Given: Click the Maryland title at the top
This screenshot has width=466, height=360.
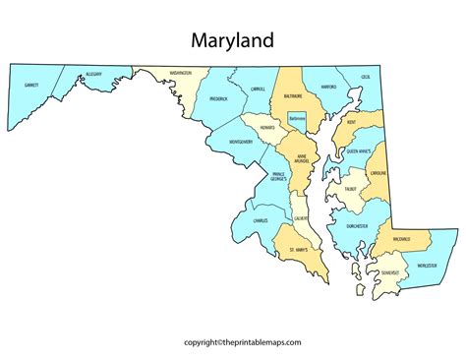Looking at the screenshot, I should (x=233, y=42).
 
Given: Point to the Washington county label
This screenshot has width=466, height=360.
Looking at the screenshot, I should (x=179, y=74).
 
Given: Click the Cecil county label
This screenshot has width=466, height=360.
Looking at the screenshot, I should (x=365, y=76).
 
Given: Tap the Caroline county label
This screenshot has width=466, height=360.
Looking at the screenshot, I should (x=378, y=173).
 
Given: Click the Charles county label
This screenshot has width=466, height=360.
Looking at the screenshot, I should (x=260, y=221).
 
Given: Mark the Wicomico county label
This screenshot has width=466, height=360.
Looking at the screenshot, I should (x=403, y=239).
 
